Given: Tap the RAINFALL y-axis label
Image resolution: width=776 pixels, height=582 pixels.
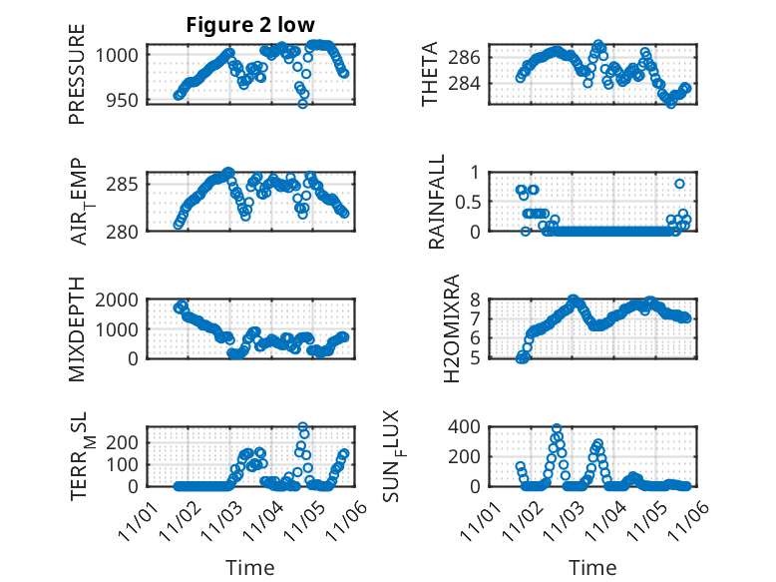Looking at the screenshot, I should [437, 203].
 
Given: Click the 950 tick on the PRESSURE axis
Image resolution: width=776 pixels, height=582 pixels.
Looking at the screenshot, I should [123, 102].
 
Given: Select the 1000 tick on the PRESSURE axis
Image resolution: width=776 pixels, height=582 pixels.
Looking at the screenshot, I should [119, 56].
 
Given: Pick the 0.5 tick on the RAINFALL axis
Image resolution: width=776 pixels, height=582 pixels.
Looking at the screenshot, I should [469, 202].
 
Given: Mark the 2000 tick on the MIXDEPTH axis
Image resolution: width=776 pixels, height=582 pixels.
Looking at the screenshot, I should [119, 299].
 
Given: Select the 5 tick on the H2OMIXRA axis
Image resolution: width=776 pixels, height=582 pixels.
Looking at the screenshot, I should [476, 357].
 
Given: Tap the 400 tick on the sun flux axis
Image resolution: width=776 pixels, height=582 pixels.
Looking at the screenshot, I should [469, 427].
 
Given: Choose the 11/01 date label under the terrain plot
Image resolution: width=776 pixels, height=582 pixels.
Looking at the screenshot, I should [138, 520].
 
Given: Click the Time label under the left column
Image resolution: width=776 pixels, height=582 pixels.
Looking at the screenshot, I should [249, 568].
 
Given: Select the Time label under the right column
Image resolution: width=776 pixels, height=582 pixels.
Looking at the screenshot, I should [592, 568].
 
